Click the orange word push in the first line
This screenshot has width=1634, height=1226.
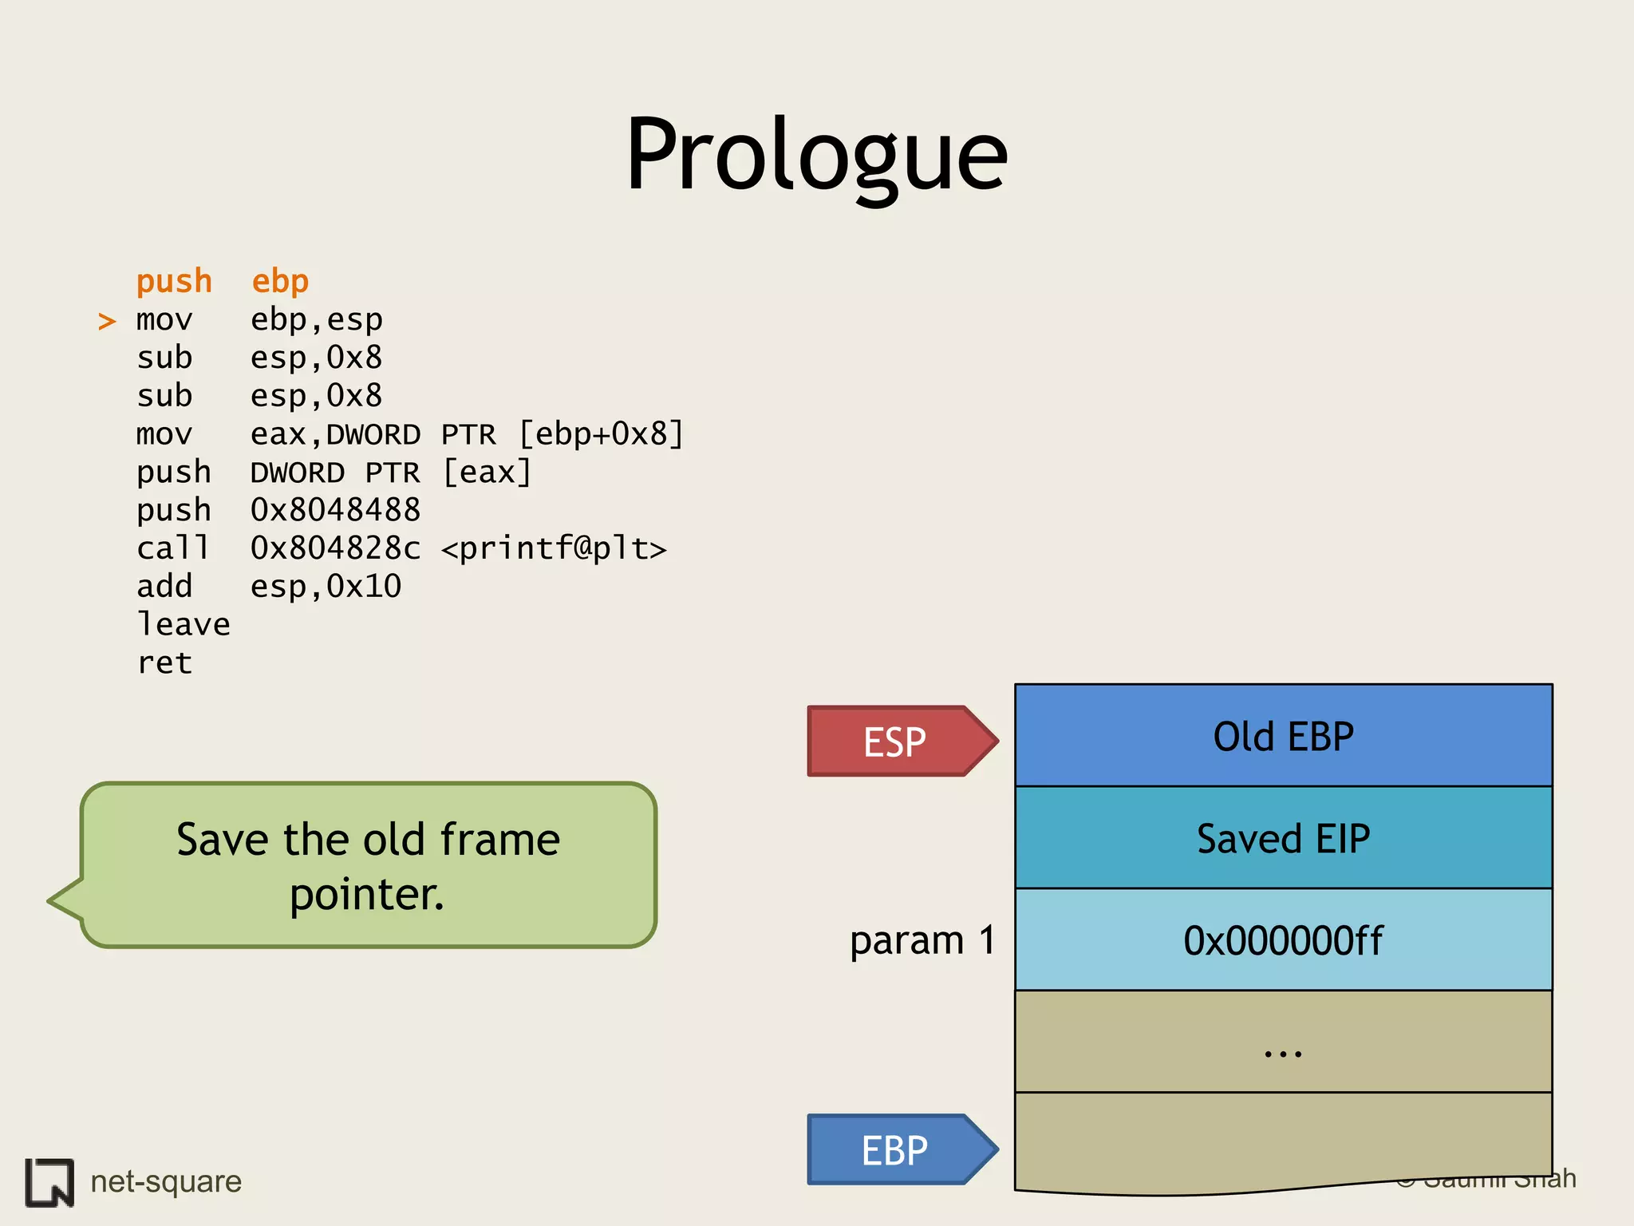[x=174, y=282]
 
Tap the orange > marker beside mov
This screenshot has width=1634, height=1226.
[x=107, y=322]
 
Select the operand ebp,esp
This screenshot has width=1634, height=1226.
[x=317, y=320]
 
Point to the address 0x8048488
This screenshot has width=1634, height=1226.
[x=335, y=510]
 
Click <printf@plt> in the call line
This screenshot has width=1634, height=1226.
[x=554, y=548]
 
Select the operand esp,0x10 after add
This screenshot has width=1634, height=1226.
[x=326, y=587]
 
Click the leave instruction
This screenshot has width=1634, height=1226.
[x=184, y=624]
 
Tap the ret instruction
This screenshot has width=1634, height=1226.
[x=164, y=662]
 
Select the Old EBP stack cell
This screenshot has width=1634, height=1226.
[x=1283, y=736]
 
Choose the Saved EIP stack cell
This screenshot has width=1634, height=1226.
[x=1283, y=838]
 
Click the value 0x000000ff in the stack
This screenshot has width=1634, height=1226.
[x=1283, y=940]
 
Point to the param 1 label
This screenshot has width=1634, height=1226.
[x=922, y=940]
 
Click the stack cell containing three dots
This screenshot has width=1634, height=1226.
[x=1283, y=1042]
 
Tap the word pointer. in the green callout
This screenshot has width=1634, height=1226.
[x=367, y=895]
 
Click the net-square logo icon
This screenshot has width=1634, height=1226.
[x=49, y=1182]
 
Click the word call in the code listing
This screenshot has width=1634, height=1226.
[x=172, y=548]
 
